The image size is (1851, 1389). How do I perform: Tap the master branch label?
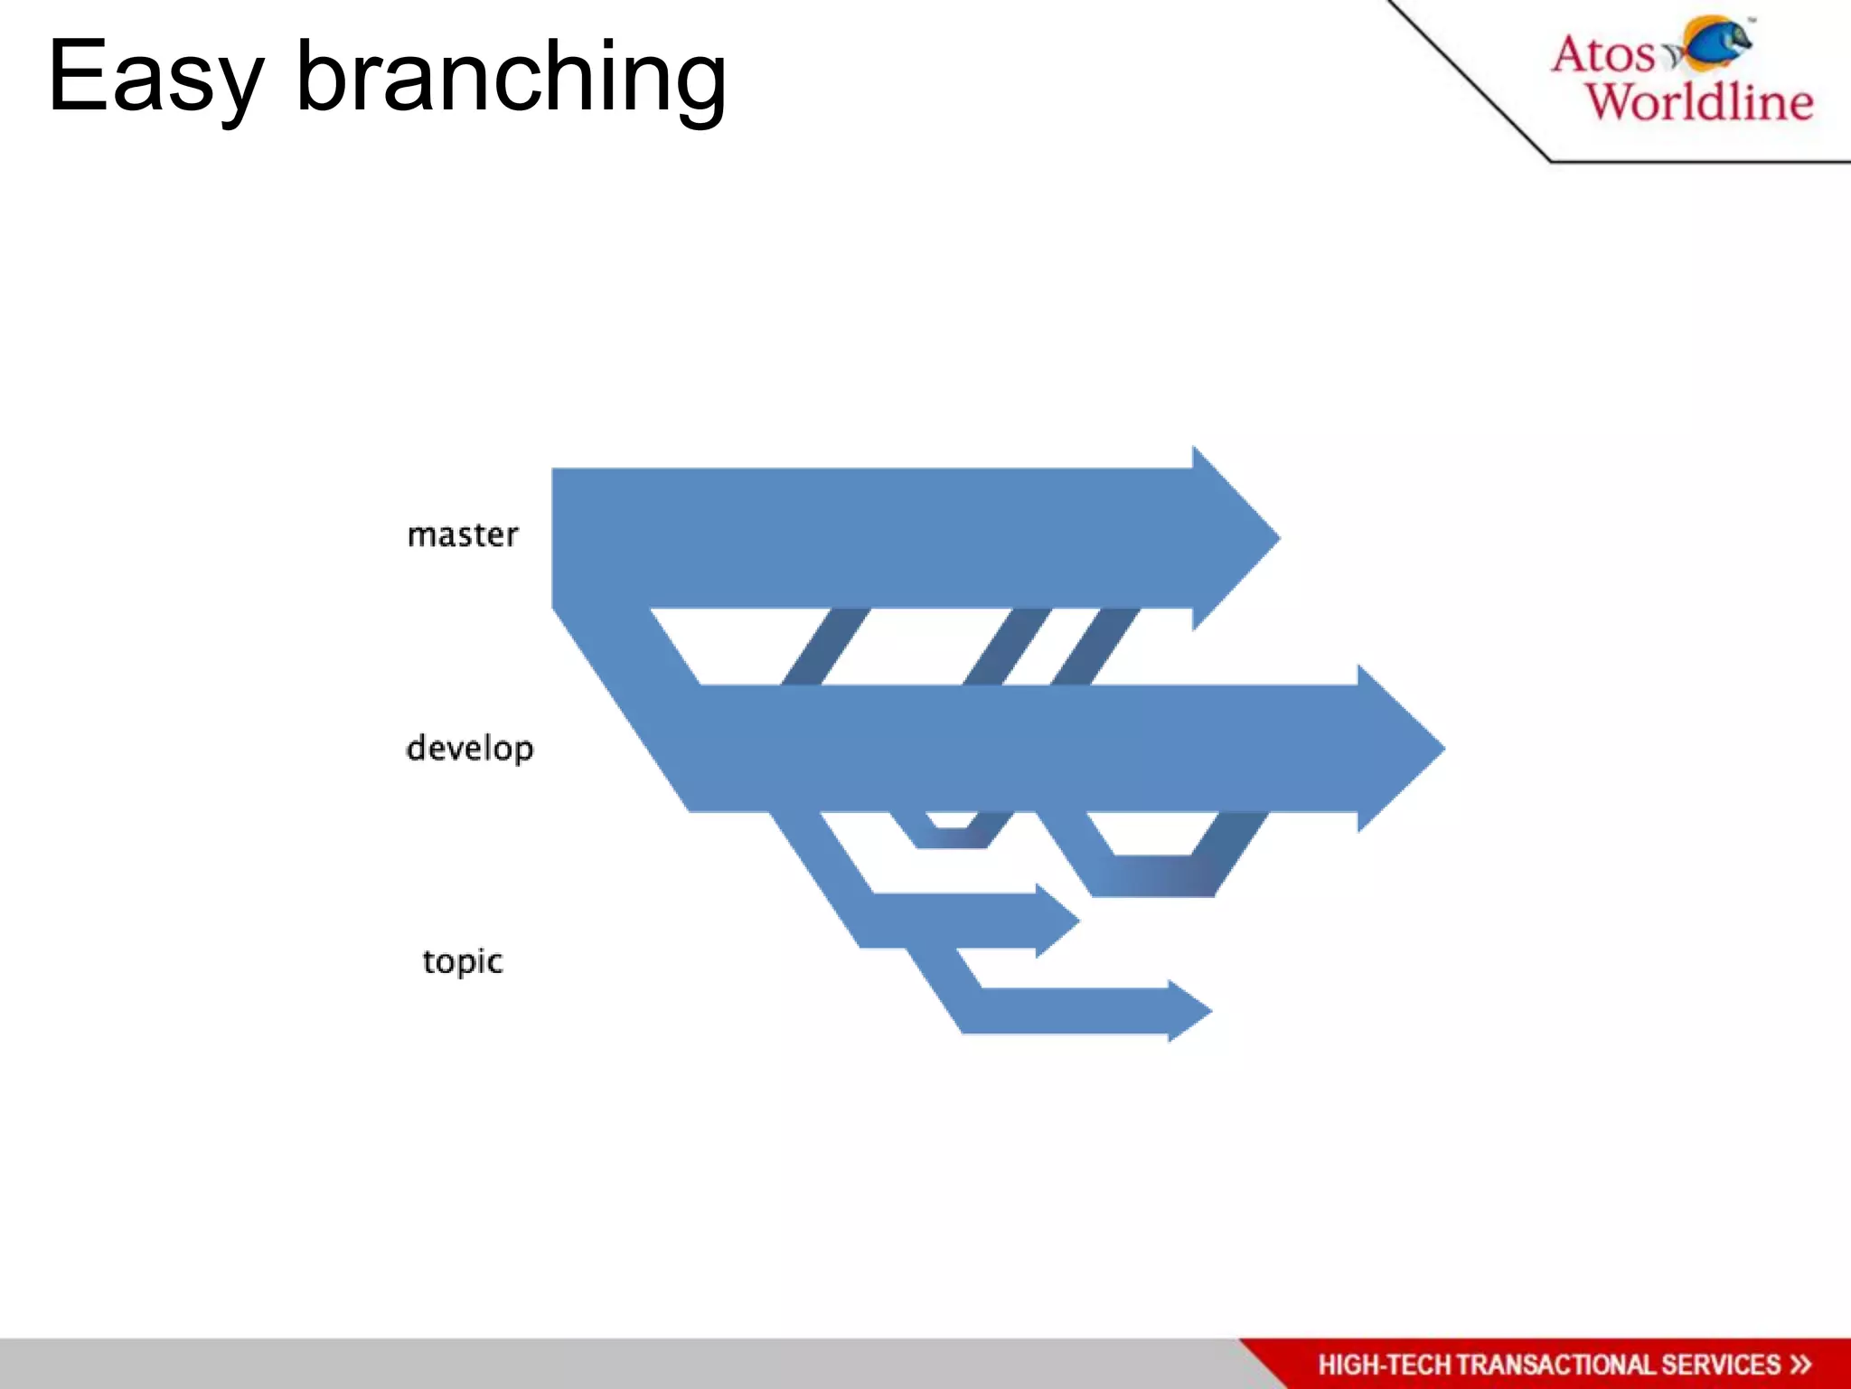click(x=463, y=535)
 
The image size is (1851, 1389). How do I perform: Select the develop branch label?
click(x=470, y=749)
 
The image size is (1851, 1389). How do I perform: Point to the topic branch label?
click(x=462, y=961)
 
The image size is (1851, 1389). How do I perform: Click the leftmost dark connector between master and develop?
click(x=824, y=647)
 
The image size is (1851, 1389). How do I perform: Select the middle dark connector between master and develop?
click(x=1006, y=647)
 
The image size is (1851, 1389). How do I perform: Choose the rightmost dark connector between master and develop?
click(x=1094, y=647)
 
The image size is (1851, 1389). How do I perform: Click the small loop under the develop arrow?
click(x=952, y=836)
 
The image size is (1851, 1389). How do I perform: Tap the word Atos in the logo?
click(x=1602, y=54)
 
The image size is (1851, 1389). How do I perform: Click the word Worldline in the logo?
click(x=1699, y=101)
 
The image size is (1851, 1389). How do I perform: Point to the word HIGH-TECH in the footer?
click(x=1384, y=1365)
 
